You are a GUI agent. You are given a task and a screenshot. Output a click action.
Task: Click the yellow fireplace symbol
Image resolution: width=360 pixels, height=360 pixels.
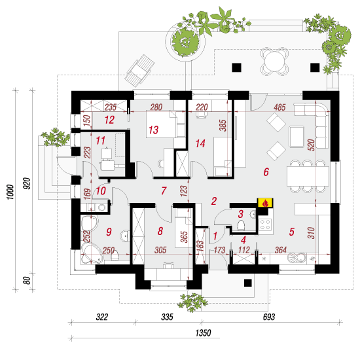pos(265,203)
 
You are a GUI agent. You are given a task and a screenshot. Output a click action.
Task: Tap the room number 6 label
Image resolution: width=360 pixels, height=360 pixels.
pos(266,172)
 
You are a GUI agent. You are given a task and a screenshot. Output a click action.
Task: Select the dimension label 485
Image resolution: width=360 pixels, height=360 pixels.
pos(279,107)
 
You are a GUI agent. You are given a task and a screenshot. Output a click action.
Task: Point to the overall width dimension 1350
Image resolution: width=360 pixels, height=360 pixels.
pos(203,333)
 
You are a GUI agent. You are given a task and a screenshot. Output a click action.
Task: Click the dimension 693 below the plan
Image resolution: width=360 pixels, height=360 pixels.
pos(268,317)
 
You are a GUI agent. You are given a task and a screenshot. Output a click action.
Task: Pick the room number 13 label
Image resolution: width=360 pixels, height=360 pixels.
pos(153,130)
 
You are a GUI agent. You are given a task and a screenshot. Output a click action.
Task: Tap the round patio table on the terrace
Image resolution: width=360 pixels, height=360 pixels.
pos(274,61)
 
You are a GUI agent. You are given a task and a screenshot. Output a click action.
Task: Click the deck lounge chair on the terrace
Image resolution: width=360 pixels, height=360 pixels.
pos(139,71)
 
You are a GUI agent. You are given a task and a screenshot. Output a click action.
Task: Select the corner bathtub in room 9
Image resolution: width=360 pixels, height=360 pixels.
pos(92,253)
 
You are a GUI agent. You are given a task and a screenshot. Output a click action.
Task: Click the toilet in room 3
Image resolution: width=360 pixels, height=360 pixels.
pos(241,225)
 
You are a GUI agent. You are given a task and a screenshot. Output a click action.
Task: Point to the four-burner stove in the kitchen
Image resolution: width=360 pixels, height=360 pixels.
pos(265,225)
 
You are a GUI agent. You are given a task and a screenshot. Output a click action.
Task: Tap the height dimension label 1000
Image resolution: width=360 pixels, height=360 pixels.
pos(10,192)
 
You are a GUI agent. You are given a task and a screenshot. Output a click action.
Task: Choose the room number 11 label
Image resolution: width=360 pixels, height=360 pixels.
pos(100,141)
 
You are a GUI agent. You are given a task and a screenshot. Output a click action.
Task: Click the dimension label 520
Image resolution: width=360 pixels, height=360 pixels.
pos(311,145)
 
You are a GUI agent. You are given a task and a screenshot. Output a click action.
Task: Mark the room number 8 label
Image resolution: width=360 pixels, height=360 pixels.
pos(160,231)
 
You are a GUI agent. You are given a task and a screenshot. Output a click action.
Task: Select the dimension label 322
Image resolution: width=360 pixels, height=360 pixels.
pos(102,317)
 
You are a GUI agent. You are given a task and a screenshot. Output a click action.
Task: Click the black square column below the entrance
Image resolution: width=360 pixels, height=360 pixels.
pos(247,283)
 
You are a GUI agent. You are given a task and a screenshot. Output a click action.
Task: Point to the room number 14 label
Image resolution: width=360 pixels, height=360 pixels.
pos(200,144)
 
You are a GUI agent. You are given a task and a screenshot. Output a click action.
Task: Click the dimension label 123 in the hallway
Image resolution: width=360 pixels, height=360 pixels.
pos(184,190)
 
